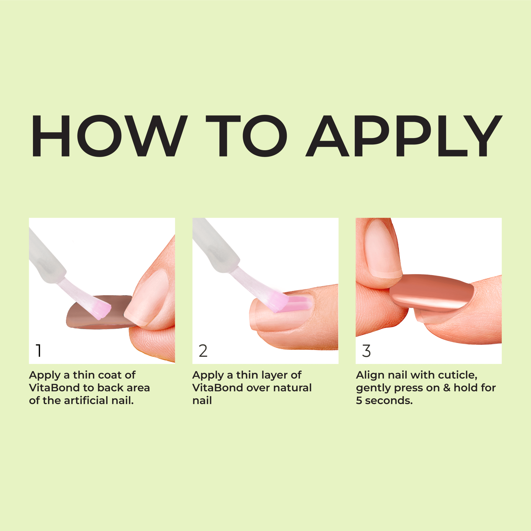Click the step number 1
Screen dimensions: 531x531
click(39, 351)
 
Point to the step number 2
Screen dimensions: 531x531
click(203, 351)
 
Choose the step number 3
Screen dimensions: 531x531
click(366, 351)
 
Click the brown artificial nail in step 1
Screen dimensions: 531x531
click(83, 316)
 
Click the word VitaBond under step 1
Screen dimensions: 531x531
click(54, 388)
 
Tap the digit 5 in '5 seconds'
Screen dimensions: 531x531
click(359, 401)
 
